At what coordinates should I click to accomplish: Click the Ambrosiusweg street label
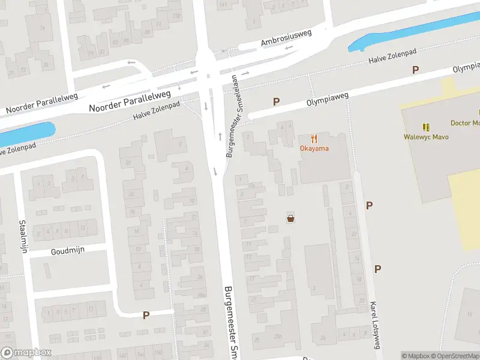286,38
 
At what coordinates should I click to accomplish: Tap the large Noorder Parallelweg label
130,100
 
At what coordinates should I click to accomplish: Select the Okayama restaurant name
314,148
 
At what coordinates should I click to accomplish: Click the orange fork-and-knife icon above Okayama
314,138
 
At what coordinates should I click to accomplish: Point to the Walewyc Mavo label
426,137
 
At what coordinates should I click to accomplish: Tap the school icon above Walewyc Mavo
426,127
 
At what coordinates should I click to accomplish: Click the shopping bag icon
291,218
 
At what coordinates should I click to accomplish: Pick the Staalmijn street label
23,236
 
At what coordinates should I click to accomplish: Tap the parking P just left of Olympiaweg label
276,101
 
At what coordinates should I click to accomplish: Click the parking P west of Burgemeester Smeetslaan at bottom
145,314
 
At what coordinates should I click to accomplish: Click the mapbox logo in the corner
26,353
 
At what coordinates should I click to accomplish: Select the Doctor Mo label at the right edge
465,123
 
